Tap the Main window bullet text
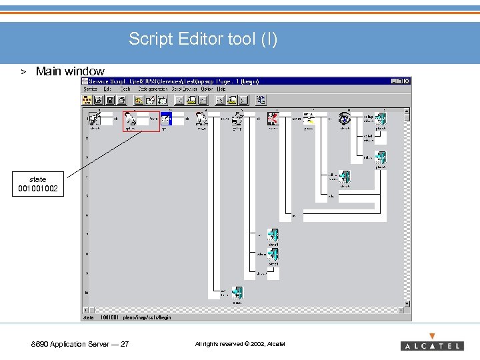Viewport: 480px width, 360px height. click(x=70, y=71)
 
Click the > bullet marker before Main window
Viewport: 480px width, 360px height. click(x=22, y=71)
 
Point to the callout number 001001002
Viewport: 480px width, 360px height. click(x=38, y=189)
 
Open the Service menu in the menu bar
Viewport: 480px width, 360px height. click(x=90, y=89)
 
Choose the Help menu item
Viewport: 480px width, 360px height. click(x=221, y=89)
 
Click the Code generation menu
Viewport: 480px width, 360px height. click(x=153, y=89)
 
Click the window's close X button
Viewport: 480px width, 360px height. click(x=407, y=81)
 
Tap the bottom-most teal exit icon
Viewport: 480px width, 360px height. click(x=237, y=293)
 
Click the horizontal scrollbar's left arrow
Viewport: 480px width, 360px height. click(x=85, y=310)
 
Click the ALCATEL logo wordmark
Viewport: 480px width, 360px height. click(x=431, y=346)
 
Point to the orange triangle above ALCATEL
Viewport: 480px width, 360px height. click(x=432, y=336)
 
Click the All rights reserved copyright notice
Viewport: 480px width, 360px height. click(x=239, y=344)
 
